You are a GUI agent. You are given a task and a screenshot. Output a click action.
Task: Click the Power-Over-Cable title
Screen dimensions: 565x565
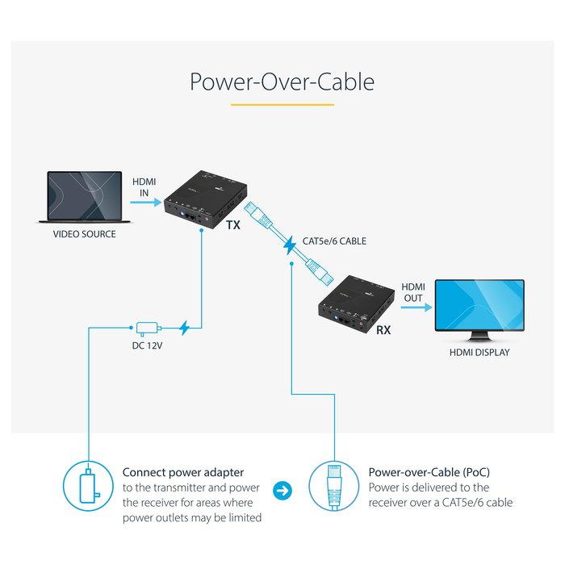(282, 82)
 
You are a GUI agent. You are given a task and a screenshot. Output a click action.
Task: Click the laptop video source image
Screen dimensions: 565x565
(84, 196)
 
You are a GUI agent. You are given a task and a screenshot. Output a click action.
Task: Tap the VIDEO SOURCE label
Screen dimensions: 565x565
(84, 234)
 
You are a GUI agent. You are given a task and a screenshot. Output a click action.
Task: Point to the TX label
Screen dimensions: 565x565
(232, 226)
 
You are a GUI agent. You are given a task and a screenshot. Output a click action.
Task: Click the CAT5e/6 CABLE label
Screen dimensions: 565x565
(334, 241)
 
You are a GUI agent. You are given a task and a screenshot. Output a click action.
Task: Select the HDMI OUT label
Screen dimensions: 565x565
(413, 292)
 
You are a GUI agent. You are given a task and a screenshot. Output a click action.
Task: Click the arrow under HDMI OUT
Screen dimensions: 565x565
(413, 308)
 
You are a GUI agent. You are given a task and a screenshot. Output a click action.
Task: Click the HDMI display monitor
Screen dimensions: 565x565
(479, 310)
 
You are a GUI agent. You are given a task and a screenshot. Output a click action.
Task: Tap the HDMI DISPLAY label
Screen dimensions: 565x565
(479, 352)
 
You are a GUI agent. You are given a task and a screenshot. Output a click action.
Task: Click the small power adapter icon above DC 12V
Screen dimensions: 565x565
(147, 328)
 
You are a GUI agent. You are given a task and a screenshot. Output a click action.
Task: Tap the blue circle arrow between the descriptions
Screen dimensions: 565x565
(284, 490)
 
